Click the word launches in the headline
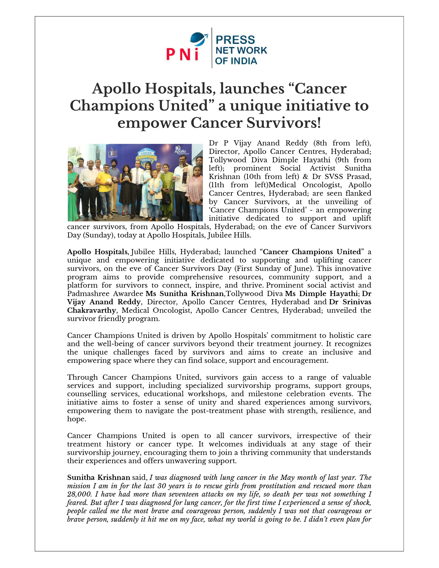coord(252,89)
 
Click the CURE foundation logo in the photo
coord(113,153)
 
